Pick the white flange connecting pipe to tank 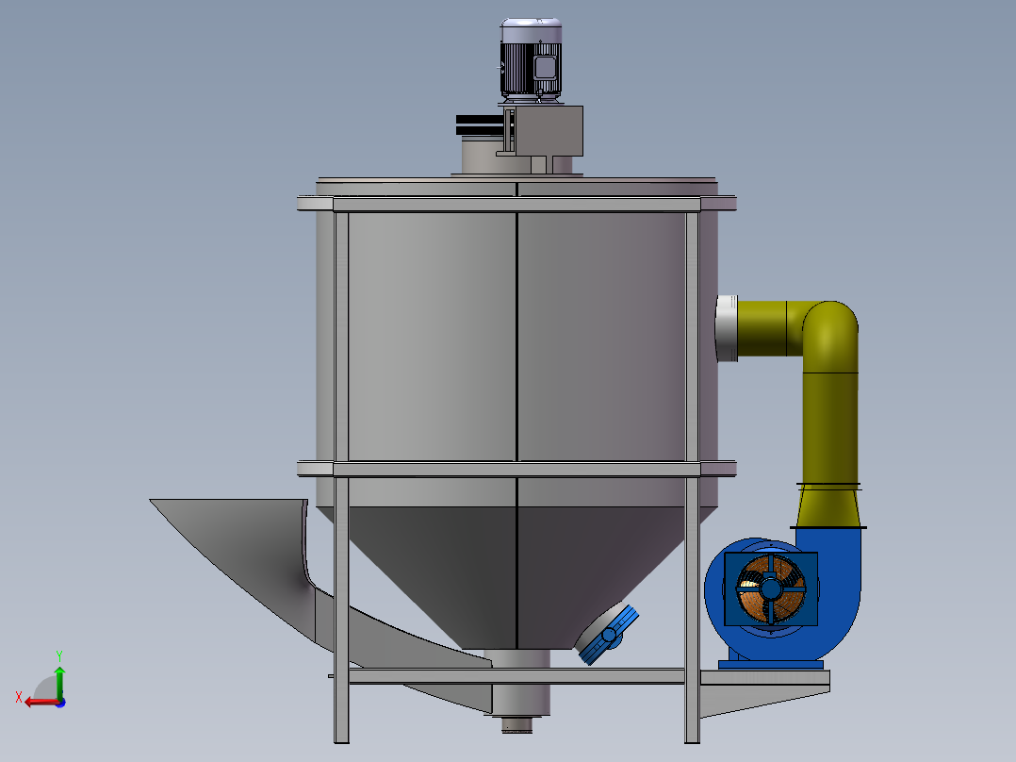(x=726, y=327)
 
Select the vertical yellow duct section (x=829, y=424)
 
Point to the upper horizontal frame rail (x=516, y=204)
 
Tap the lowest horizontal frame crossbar (x=516, y=676)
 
